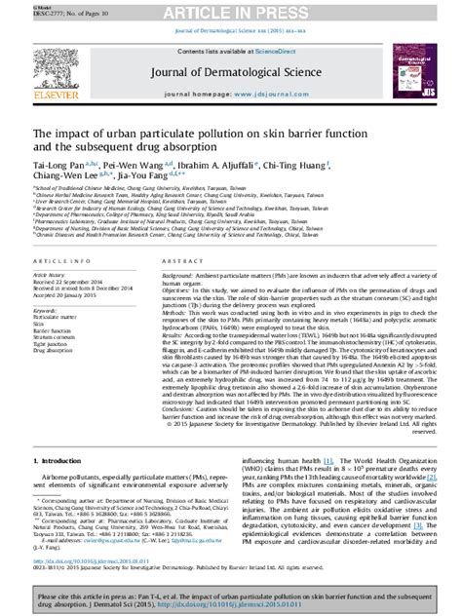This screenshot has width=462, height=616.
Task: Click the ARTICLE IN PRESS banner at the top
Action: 231,11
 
